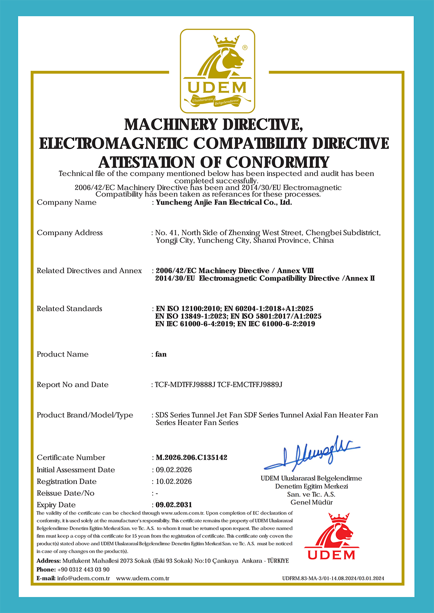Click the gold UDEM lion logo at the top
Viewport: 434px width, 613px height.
(x=217, y=71)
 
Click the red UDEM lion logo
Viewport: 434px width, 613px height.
(x=332, y=536)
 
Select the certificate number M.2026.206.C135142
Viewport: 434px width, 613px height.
(x=191, y=457)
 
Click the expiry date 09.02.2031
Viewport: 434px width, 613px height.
(x=174, y=505)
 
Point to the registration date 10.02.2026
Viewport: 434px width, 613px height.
(x=174, y=481)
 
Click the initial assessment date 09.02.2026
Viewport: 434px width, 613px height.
(x=174, y=469)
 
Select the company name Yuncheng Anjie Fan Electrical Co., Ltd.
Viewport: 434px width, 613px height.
(x=224, y=202)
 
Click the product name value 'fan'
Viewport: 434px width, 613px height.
(x=161, y=354)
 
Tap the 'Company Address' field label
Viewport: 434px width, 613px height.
(x=70, y=233)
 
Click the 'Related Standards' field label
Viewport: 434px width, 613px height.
(x=69, y=308)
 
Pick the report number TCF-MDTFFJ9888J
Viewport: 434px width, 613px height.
(x=185, y=384)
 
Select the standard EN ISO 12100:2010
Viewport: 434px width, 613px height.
(x=188, y=308)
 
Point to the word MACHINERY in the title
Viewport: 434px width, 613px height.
(x=171, y=125)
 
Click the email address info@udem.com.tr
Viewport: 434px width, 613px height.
(x=83, y=578)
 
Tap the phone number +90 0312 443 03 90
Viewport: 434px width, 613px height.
(x=83, y=569)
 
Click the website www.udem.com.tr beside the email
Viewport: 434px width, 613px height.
(x=142, y=578)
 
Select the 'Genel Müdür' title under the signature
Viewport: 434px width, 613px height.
(x=312, y=502)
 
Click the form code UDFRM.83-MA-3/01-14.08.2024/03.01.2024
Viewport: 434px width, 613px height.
(x=333, y=578)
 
